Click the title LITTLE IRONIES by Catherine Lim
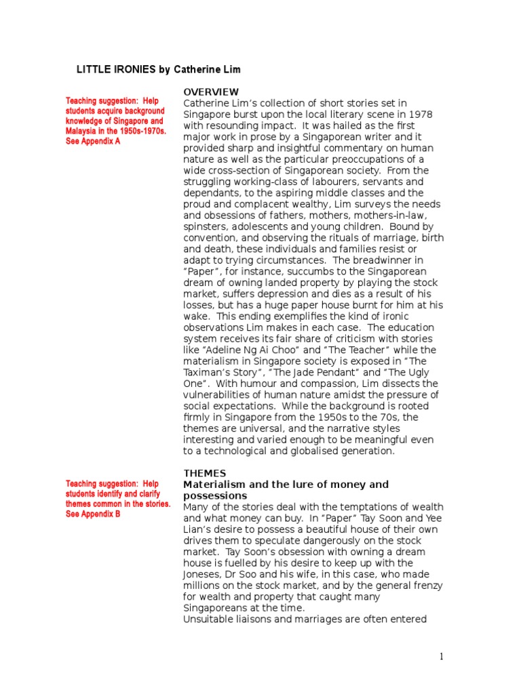coord(157,70)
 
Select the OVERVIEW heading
coord(211,91)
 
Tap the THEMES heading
coord(205,472)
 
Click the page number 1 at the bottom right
coord(441,656)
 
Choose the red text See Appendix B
coord(93,514)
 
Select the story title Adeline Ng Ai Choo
coord(258,350)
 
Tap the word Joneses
coord(203,574)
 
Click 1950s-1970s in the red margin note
coord(140,131)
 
